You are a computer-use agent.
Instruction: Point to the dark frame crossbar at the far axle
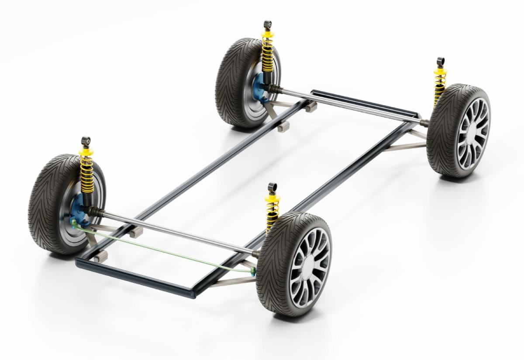pos(362,101)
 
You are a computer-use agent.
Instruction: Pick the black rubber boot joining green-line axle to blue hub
pos(97,212)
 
